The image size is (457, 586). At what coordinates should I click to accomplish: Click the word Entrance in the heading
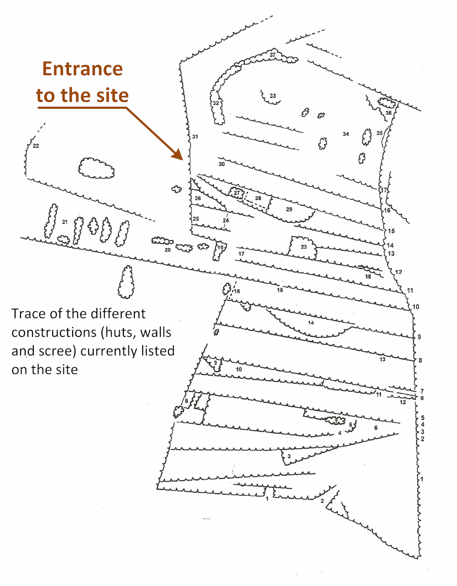[x=83, y=69]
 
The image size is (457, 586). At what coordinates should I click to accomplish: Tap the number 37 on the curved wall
[x=272, y=55]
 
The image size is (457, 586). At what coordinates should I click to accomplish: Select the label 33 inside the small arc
[x=272, y=96]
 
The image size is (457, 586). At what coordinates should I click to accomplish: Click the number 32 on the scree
[x=216, y=103]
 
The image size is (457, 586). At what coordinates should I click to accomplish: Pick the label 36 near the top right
[x=388, y=113]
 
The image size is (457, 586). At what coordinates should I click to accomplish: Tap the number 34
[x=345, y=134]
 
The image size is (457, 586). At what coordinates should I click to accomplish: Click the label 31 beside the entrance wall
[x=195, y=137]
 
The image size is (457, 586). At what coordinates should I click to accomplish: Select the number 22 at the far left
[x=36, y=146]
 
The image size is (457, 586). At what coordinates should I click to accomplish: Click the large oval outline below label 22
[x=96, y=168]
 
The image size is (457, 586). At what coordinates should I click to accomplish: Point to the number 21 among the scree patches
[x=65, y=222]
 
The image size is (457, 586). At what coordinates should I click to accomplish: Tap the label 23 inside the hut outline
[x=304, y=247]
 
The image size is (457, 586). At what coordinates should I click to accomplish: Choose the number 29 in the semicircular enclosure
[x=289, y=209]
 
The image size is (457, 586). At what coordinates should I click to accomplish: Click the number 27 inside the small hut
[x=237, y=193]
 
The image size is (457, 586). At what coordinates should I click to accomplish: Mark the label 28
[x=258, y=198]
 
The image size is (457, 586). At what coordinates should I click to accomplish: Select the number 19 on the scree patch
[x=221, y=247]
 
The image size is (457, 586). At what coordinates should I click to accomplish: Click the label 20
[x=168, y=250]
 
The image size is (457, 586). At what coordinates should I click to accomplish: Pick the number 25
[x=196, y=218]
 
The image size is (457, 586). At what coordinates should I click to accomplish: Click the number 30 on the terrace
[x=221, y=164]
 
